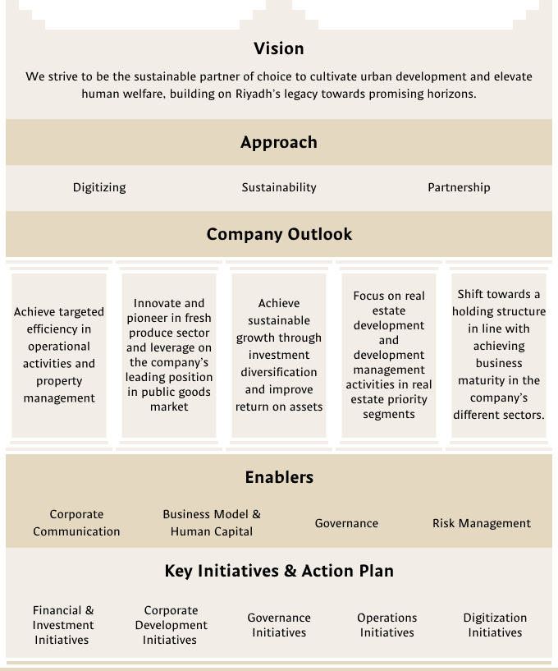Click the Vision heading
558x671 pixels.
pyautogui.click(x=279, y=48)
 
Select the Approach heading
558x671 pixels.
pyautogui.click(x=279, y=142)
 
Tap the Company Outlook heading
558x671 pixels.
pyautogui.click(x=279, y=234)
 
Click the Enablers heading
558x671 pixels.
pyautogui.click(x=279, y=477)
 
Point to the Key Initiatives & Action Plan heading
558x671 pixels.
pyautogui.click(x=279, y=571)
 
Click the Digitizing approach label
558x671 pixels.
pyautogui.click(x=99, y=187)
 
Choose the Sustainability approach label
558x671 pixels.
pyautogui.click(x=279, y=187)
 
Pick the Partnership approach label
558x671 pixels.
pyautogui.click(x=459, y=187)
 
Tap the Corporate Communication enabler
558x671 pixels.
pyautogui.click(x=76, y=522)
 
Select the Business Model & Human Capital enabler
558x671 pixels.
pyautogui.click(x=212, y=522)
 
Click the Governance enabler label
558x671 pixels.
pyautogui.click(x=346, y=523)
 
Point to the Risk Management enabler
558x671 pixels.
pyautogui.click(x=482, y=523)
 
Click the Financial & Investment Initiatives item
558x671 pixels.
pyautogui.click(x=63, y=625)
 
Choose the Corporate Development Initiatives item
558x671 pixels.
pyautogui.click(x=171, y=625)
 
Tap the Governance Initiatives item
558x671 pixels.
pyautogui.click(x=279, y=625)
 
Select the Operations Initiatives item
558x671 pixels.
pyautogui.click(x=387, y=625)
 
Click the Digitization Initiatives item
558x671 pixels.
pyautogui.click(x=495, y=625)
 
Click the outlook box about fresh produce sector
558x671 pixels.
pyautogui.click(x=169, y=355)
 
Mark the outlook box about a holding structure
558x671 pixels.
pyautogui.click(x=499, y=355)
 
